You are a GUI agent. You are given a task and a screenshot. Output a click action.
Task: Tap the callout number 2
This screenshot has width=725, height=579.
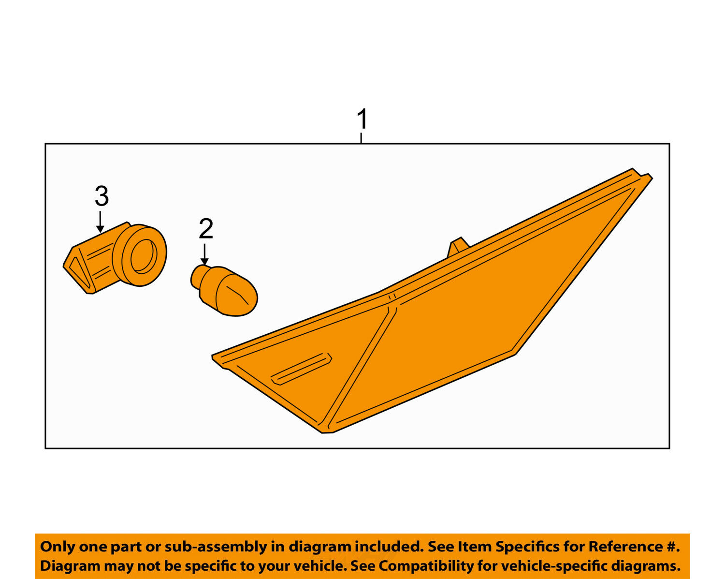[206, 228]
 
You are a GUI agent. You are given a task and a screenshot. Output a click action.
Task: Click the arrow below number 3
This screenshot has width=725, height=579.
[100, 222]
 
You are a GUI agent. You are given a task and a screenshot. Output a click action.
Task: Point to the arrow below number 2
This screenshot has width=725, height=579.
[204, 254]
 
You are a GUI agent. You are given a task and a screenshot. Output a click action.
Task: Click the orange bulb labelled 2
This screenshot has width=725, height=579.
[224, 290]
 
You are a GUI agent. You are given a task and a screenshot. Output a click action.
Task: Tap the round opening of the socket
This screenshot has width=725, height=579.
[144, 256]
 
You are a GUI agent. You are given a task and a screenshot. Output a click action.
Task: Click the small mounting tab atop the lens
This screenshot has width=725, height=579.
[458, 248]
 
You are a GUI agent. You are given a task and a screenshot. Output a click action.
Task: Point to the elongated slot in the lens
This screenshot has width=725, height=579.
[301, 369]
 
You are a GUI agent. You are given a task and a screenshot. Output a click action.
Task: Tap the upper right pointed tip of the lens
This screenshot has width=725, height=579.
[652, 178]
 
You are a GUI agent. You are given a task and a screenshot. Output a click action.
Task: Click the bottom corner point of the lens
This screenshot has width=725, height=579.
[323, 432]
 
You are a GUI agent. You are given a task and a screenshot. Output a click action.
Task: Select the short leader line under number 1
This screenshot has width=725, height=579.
[361, 138]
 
